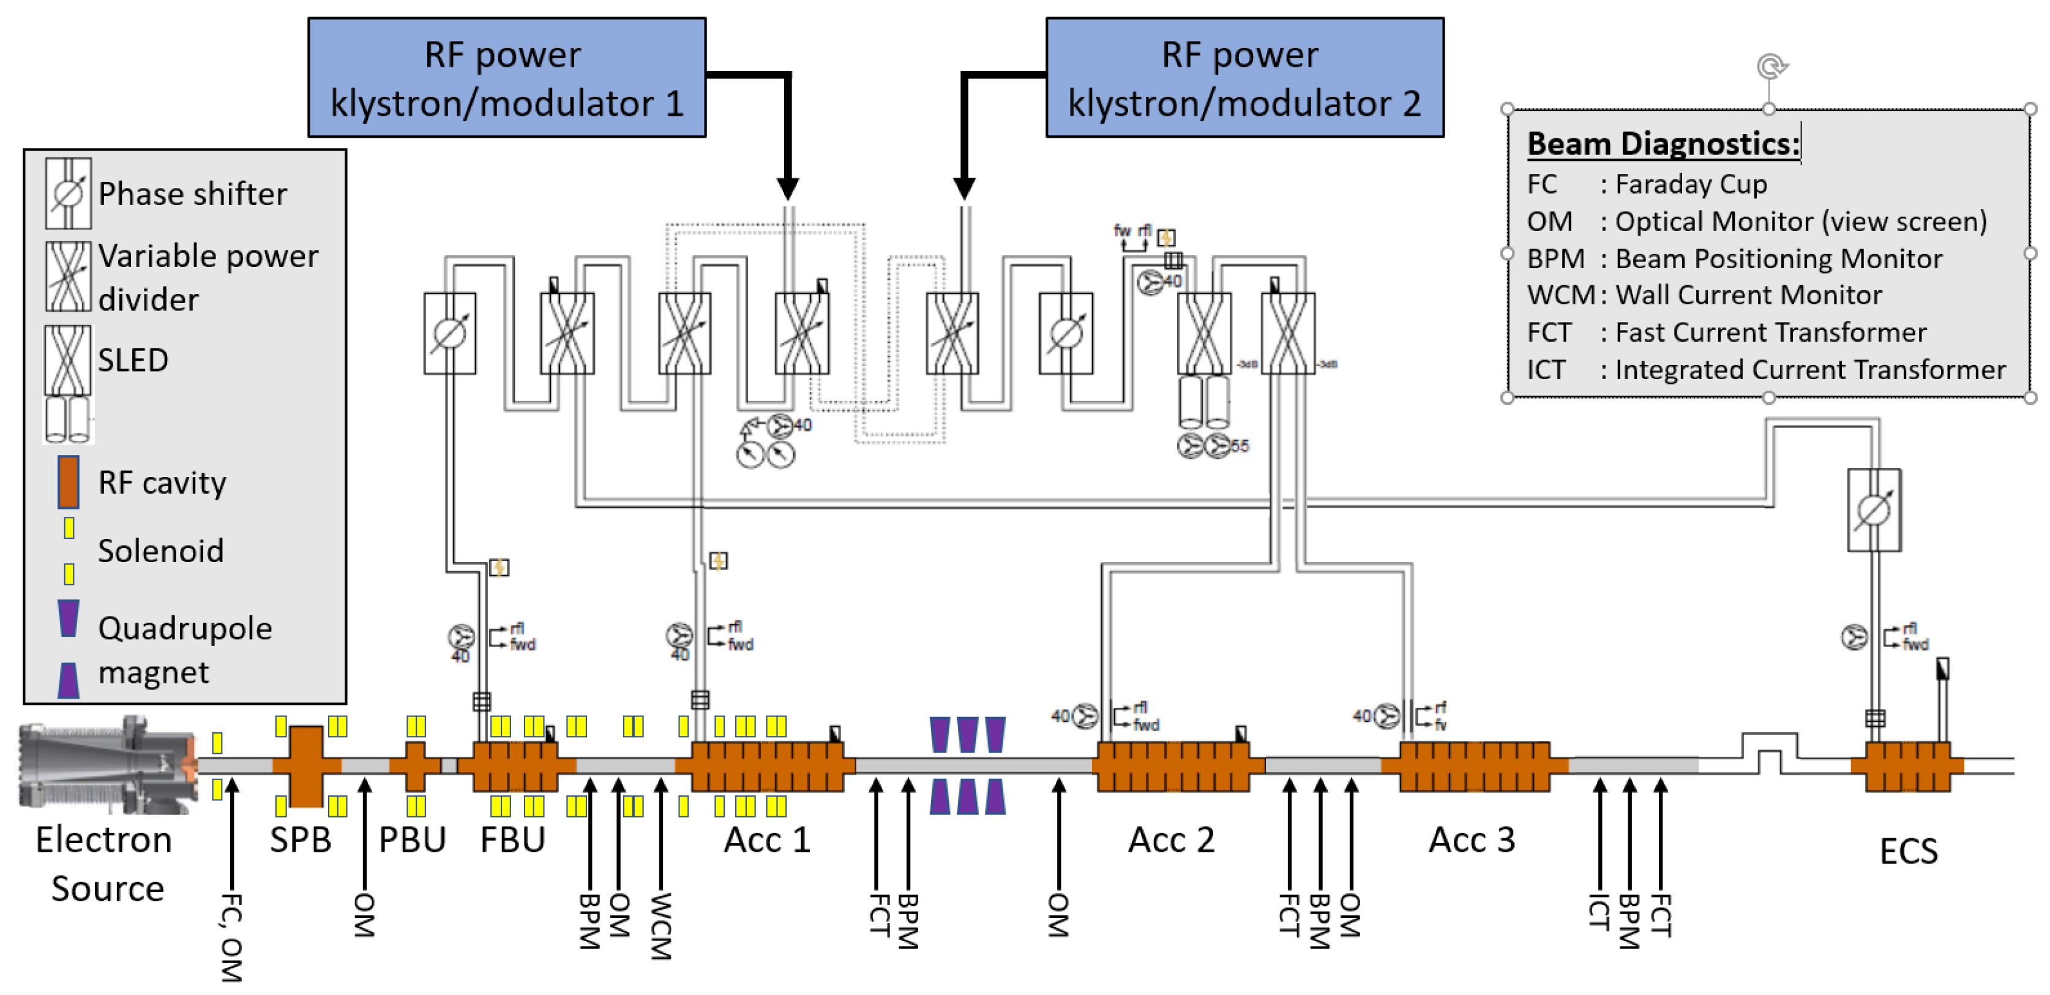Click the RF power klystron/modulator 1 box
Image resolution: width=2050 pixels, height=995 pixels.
tap(507, 78)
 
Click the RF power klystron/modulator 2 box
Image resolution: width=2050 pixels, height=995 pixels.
tap(1244, 78)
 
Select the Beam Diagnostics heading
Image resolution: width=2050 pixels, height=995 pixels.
tap(1663, 144)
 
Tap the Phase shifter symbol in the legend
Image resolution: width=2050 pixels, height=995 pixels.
tap(69, 193)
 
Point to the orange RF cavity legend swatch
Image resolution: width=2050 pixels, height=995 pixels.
tap(69, 481)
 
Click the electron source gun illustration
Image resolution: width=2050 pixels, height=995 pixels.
tap(108, 764)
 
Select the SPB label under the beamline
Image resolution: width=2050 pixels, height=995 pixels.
tap(300, 840)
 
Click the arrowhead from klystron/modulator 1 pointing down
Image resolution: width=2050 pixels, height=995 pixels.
tap(787, 189)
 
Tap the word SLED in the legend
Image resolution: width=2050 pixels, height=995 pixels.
tap(133, 361)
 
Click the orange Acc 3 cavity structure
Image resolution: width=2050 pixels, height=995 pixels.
tap(1474, 766)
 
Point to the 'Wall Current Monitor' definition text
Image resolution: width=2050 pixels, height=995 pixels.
tap(1748, 295)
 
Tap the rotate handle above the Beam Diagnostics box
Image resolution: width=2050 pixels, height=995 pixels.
tap(1771, 66)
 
